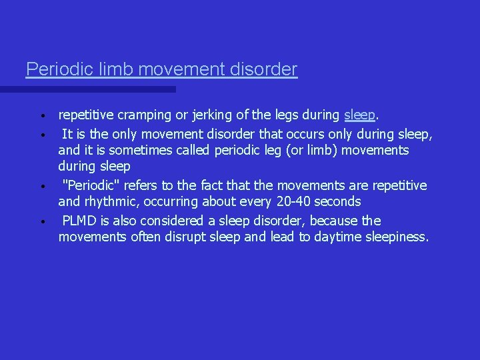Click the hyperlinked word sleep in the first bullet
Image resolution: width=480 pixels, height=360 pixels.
point(360,116)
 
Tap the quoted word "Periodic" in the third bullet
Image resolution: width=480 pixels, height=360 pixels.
point(87,185)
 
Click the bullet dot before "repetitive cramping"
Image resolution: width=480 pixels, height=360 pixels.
point(41,117)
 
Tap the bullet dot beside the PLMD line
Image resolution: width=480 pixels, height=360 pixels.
point(41,221)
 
